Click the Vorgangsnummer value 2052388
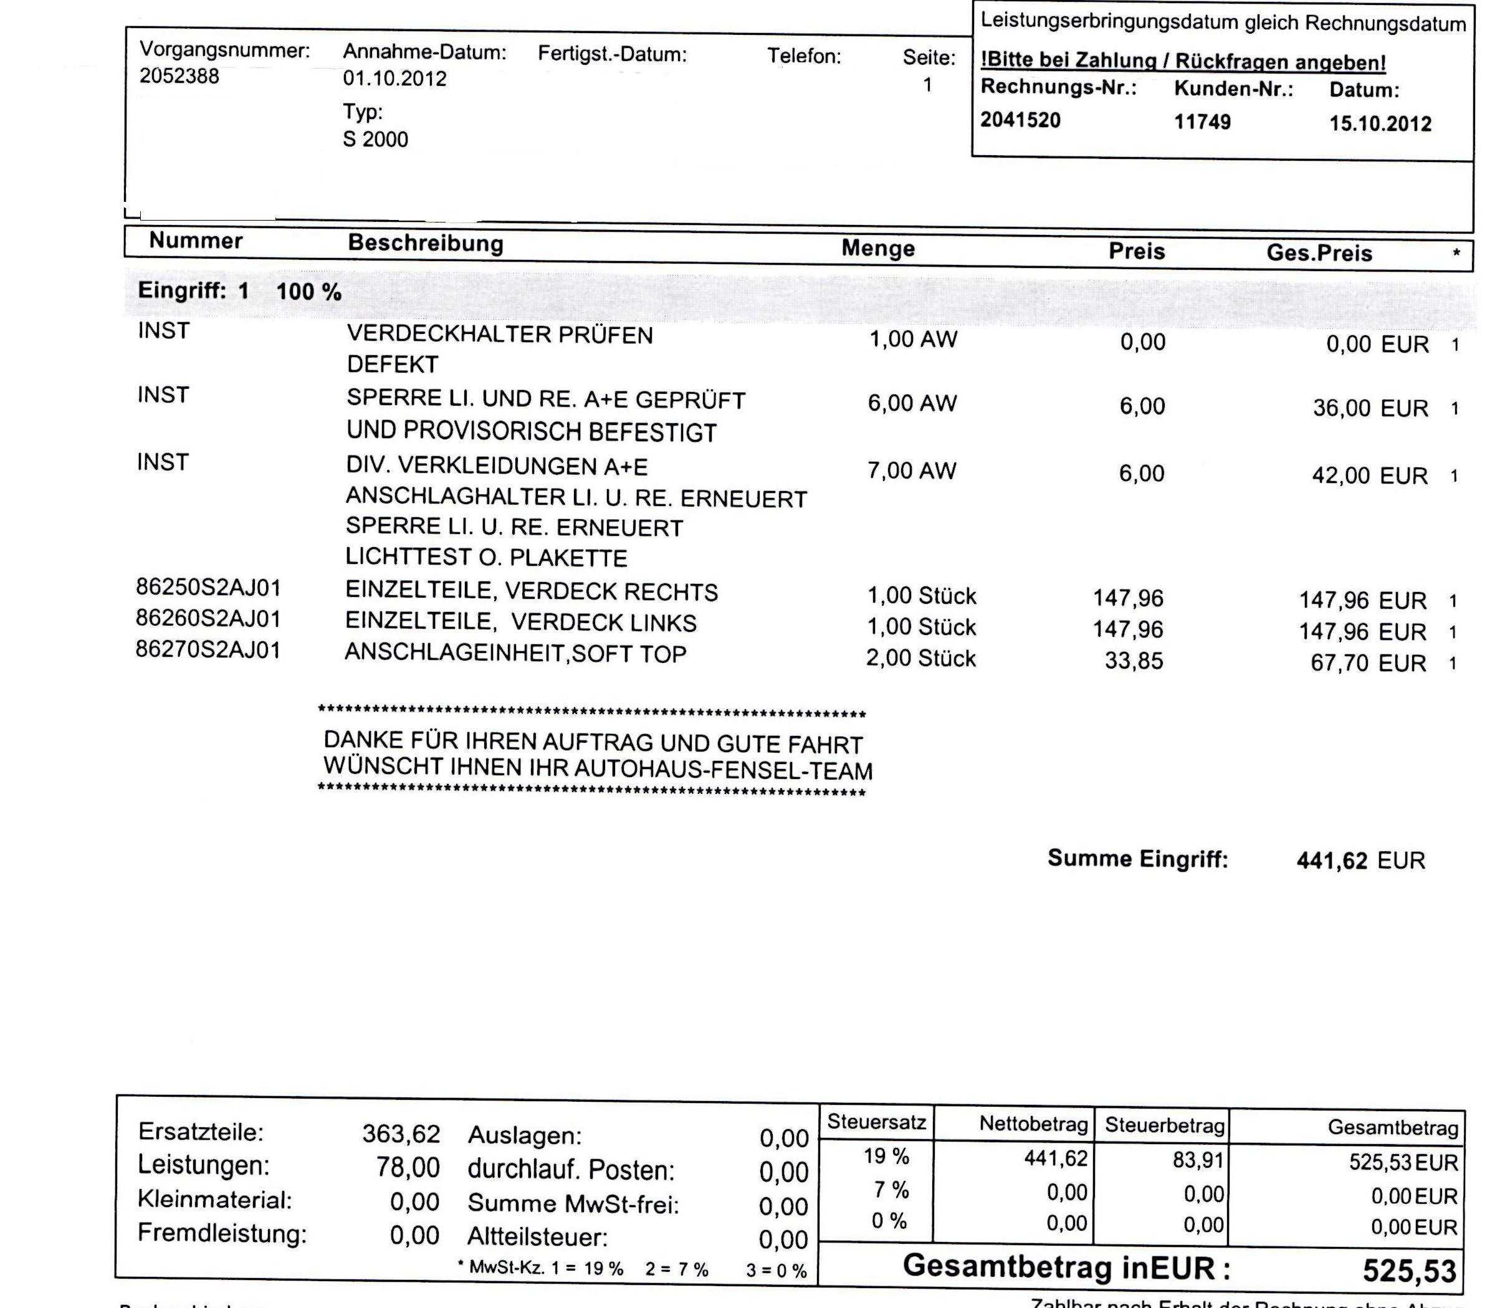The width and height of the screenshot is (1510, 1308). [179, 76]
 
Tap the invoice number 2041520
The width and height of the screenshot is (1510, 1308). [1020, 120]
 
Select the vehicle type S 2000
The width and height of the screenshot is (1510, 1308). [375, 139]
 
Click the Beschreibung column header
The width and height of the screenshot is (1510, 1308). [426, 243]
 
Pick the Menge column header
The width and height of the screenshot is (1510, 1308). [878, 248]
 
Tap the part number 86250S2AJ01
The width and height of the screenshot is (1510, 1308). [208, 588]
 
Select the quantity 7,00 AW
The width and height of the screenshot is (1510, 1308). [911, 470]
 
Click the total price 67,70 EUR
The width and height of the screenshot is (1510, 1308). [1368, 664]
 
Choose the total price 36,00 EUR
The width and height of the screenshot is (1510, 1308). [1370, 408]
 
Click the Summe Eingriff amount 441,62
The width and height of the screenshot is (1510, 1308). [1332, 861]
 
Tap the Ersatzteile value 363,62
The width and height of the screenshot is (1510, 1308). [401, 1134]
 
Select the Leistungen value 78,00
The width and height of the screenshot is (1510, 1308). [408, 1168]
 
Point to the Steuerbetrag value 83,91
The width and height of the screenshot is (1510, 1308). [1198, 1159]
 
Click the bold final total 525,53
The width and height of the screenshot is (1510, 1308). [1408, 1271]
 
